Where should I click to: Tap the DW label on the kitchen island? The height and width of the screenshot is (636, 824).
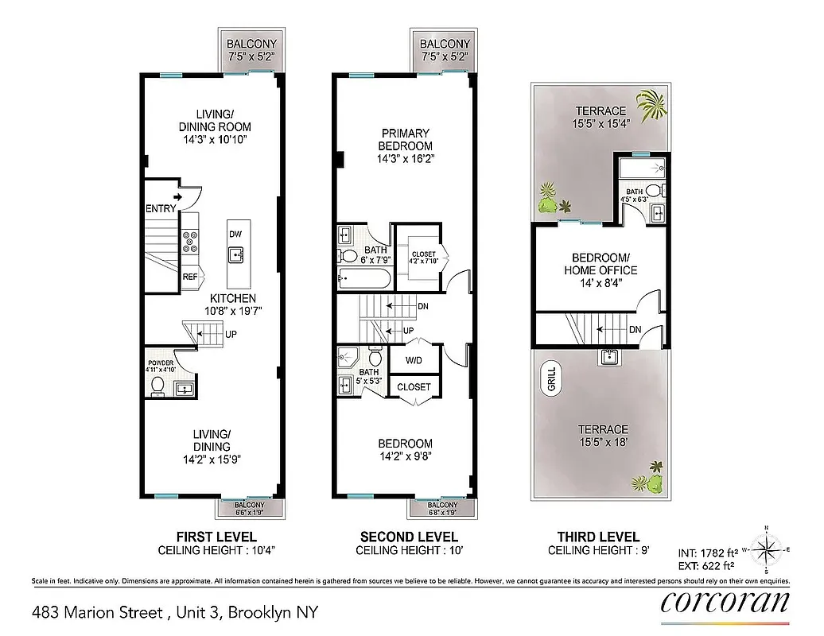click(x=235, y=234)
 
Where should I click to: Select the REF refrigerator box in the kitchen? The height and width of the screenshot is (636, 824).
click(x=190, y=277)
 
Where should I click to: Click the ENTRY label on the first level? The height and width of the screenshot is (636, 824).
click(x=161, y=209)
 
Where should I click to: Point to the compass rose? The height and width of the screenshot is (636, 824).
click(x=767, y=549)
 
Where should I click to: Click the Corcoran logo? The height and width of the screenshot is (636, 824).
click(x=725, y=603)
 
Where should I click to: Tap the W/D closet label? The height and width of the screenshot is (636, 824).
click(x=414, y=359)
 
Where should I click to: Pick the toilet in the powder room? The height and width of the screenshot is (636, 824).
click(x=157, y=387)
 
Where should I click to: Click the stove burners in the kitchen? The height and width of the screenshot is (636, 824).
click(x=191, y=241)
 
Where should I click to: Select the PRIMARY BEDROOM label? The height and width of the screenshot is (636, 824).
click(x=406, y=140)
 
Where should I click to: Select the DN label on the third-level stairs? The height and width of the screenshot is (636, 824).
click(x=635, y=329)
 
